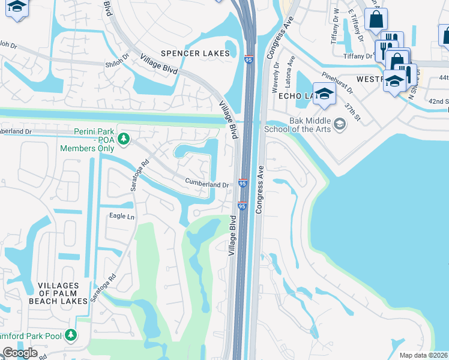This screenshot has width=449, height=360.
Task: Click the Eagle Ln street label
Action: pyautogui.click(x=121, y=216)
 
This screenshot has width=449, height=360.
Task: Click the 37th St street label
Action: pyautogui.click(x=353, y=110)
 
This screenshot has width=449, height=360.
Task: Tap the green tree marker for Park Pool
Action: pyautogui.click(x=71, y=334)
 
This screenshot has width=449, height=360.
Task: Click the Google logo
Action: pyautogui.click(x=20, y=353)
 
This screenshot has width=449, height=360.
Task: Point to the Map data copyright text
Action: pyautogui.click(x=424, y=355)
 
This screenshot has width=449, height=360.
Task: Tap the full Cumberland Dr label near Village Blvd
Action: pyautogui.click(x=207, y=185)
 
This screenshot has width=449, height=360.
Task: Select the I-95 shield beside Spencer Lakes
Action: pyautogui.click(x=249, y=59)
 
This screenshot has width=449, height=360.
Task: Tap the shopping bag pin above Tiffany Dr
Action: pyautogui.click(x=376, y=19)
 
